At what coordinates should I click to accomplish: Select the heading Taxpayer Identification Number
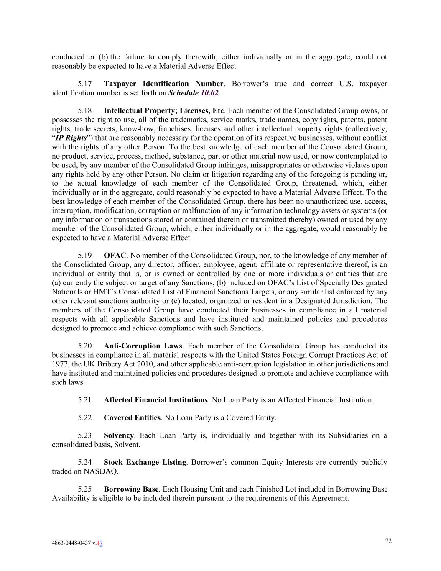(x=163, y=84)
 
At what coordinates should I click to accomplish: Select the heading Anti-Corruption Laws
(x=143, y=346)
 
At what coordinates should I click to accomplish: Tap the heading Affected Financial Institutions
(x=155, y=400)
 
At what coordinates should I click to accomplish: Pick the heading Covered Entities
(x=132, y=418)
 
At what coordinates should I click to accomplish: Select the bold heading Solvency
(x=119, y=435)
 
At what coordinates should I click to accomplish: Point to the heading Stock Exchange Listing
(x=145, y=462)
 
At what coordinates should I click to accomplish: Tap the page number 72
(x=388, y=541)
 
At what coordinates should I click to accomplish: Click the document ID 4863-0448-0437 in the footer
(x=71, y=543)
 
